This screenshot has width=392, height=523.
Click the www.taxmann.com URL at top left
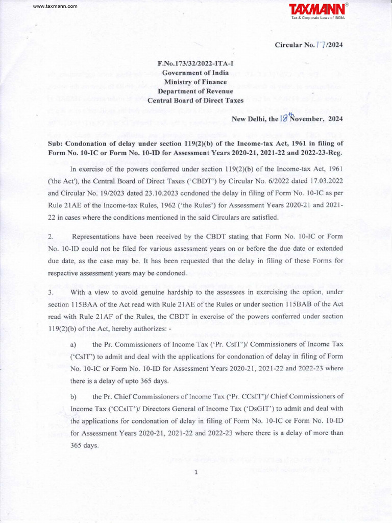coord(55,6)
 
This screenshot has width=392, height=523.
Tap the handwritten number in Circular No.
coord(320,44)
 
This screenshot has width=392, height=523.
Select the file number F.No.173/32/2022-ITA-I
coord(195,64)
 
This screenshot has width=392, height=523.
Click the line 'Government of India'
coord(195,73)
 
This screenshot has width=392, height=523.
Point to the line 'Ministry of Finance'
coord(195,82)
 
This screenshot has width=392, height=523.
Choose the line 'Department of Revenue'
coord(195,91)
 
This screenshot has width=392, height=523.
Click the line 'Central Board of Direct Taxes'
coord(195,101)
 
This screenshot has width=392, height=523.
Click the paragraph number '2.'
coord(51,237)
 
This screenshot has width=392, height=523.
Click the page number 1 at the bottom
coord(195,472)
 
